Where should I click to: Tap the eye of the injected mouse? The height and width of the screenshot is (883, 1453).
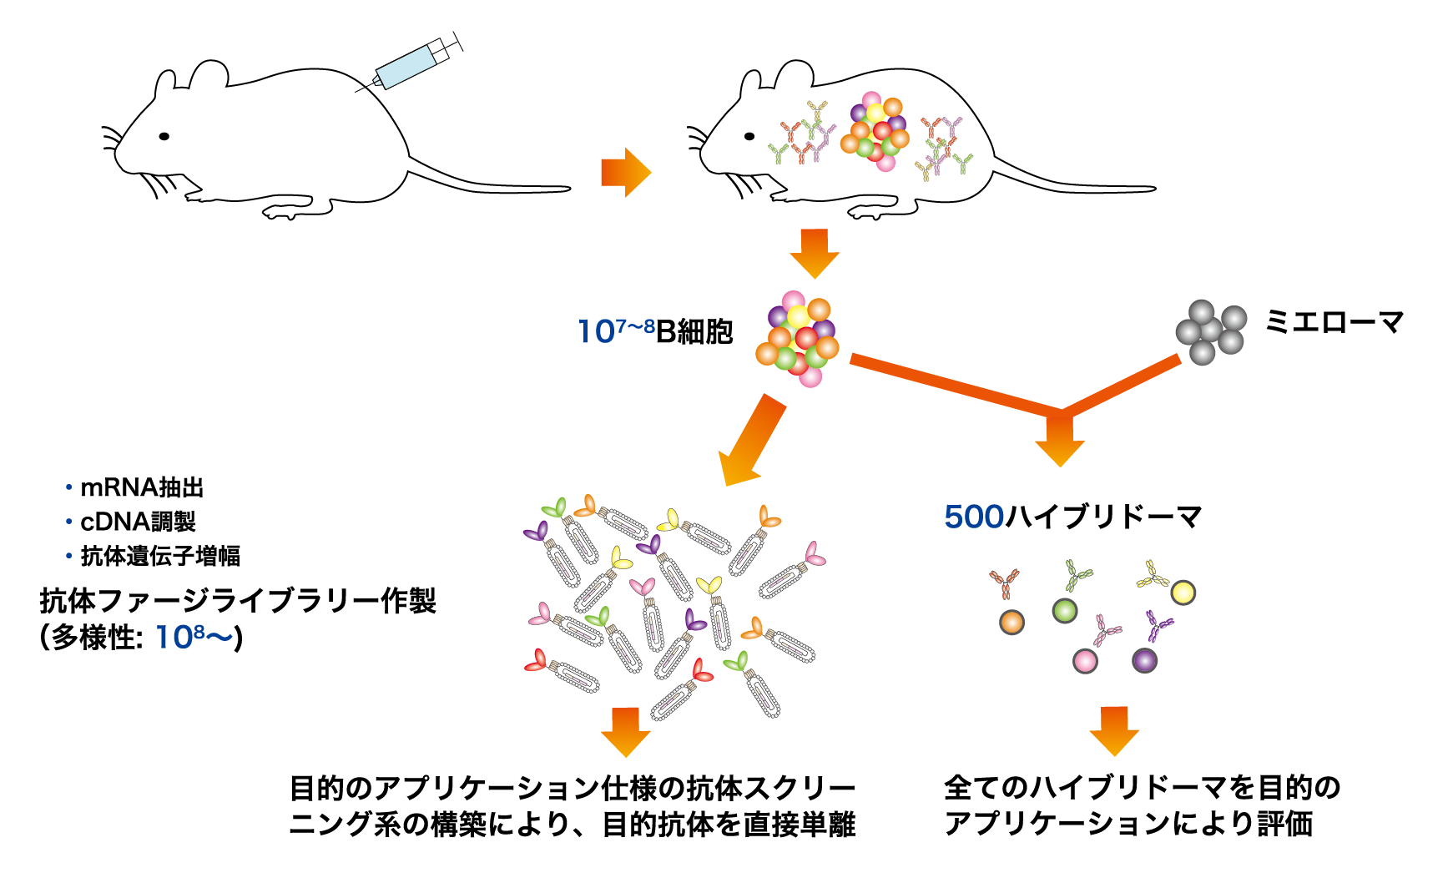[164, 136]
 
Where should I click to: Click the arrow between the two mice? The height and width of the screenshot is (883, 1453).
[625, 173]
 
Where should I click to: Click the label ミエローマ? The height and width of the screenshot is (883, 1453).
[1334, 322]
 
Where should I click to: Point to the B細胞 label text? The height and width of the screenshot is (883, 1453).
[694, 331]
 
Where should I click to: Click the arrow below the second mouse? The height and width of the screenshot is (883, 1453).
[815, 253]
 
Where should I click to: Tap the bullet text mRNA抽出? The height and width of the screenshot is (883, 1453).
[142, 487]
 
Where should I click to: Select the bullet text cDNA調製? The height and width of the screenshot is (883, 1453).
[138, 522]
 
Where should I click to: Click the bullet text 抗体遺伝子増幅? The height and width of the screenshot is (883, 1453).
[160, 556]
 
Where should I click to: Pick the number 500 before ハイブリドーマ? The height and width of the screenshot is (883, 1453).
[973, 517]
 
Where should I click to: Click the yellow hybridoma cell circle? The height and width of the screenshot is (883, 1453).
[1183, 593]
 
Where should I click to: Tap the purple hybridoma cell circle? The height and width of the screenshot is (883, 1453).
[1145, 660]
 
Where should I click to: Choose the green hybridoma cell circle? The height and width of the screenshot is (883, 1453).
[1065, 611]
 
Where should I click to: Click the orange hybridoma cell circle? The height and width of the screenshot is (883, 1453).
[1012, 622]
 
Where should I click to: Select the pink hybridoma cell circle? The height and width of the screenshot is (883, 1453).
[1085, 662]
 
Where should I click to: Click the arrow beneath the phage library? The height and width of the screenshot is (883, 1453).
[626, 731]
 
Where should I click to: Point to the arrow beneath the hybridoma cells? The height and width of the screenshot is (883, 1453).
[1114, 730]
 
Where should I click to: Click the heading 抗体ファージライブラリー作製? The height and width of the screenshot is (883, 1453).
[238, 601]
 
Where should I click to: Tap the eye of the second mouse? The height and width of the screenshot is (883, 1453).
[749, 136]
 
